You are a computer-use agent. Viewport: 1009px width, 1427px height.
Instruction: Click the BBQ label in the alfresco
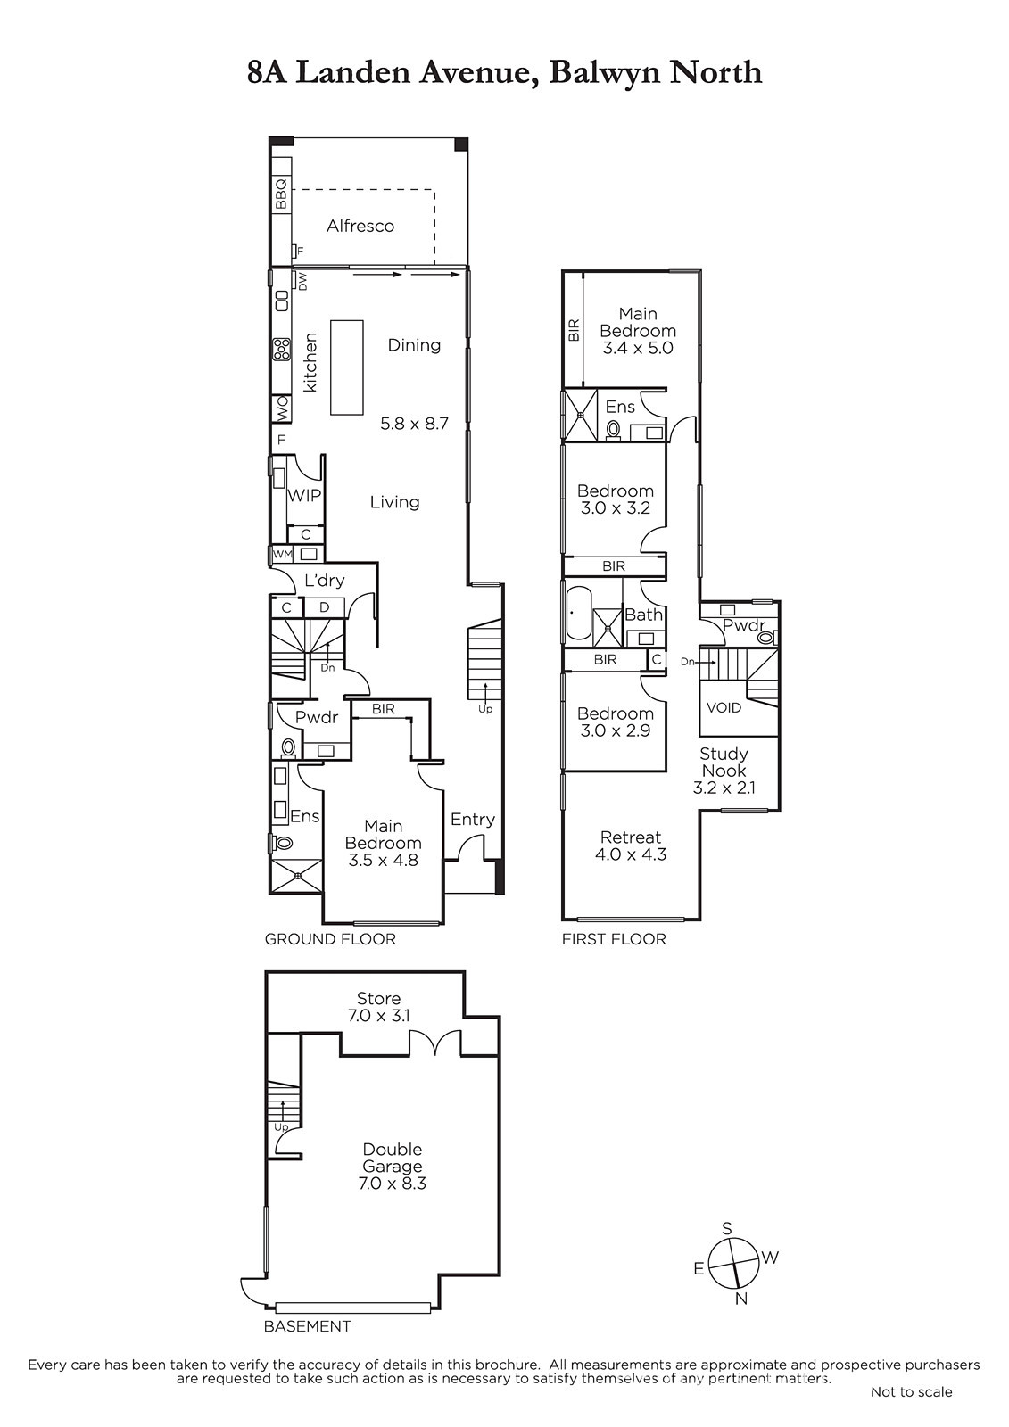coord(281,194)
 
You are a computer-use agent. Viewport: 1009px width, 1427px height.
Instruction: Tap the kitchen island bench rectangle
coord(347,367)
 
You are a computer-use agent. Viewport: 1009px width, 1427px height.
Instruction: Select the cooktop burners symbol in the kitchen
coord(281,349)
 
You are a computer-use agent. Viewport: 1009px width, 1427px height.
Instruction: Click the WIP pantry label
coord(304,495)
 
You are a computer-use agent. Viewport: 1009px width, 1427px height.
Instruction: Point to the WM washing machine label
coord(282,554)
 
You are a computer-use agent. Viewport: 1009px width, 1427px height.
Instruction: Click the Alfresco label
coord(360,226)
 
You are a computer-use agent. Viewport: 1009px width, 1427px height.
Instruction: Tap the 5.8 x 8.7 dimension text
coord(414,423)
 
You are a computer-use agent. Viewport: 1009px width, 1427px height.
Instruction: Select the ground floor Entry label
coord(472,820)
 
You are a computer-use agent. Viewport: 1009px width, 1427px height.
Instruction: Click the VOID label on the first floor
coord(724,708)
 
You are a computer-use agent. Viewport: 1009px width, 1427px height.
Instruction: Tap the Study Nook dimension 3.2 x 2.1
coord(724,788)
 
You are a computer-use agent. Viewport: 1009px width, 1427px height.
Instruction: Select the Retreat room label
coord(631,837)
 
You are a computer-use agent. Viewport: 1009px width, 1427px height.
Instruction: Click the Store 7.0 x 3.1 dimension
coord(378,1016)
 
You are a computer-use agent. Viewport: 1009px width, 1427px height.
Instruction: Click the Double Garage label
coord(392,1158)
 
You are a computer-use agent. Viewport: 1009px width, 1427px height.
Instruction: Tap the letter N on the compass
coord(740,1299)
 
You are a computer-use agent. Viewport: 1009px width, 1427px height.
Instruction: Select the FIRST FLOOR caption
coord(614,939)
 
